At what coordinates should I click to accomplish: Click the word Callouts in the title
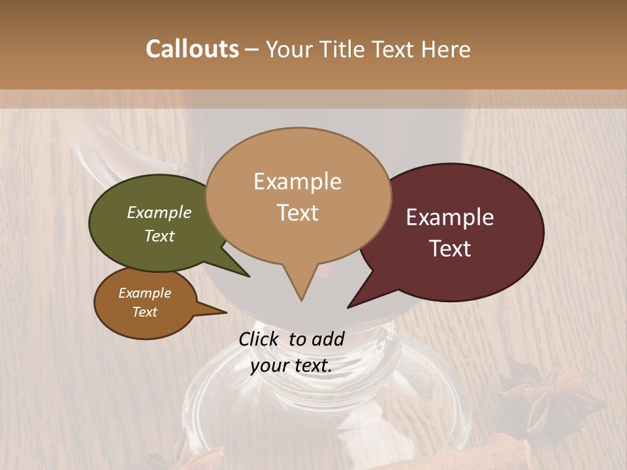pos(192,49)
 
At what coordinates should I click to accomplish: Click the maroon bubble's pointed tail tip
pos(348,307)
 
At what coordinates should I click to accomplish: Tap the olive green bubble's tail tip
pos(248,276)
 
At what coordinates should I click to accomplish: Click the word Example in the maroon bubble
pos(450,217)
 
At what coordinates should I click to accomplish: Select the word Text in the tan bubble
pos(298,213)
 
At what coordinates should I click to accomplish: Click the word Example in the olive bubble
pos(159,212)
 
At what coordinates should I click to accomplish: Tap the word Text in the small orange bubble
pos(145,311)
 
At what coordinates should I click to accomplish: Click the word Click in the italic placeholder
pos(259,339)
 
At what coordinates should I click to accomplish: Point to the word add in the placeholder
pos(327,339)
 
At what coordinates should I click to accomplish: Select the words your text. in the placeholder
pos(291,366)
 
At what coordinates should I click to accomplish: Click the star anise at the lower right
pos(542,392)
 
